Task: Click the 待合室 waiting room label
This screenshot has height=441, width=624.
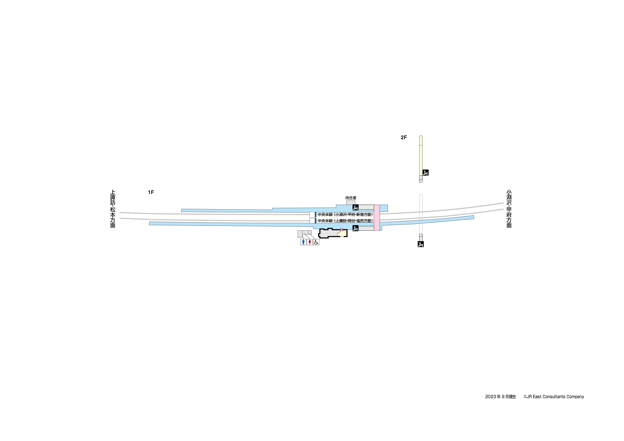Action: pos(351,198)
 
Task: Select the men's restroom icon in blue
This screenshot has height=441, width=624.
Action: pos(303,242)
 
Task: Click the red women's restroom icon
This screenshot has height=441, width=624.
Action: pos(310,242)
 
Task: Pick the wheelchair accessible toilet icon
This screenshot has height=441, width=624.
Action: pos(316,242)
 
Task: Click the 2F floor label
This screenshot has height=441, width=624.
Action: pos(404,138)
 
